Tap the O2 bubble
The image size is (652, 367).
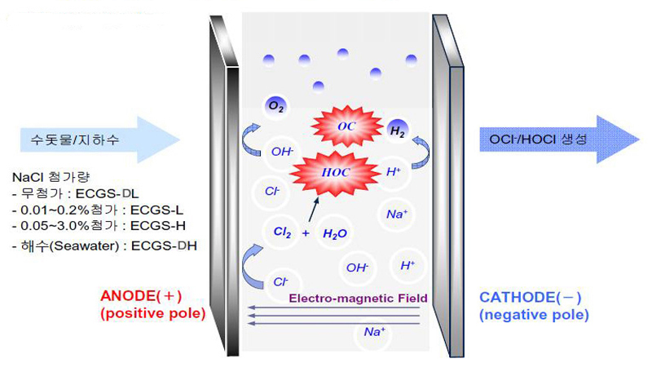click(x=276, y=106)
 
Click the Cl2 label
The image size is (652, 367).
click(x=283, y=233)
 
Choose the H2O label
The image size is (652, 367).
click(x=335, y=233)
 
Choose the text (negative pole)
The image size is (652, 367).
click(x=534, y=313)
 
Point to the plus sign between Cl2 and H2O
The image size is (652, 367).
click(x=306, y=233)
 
